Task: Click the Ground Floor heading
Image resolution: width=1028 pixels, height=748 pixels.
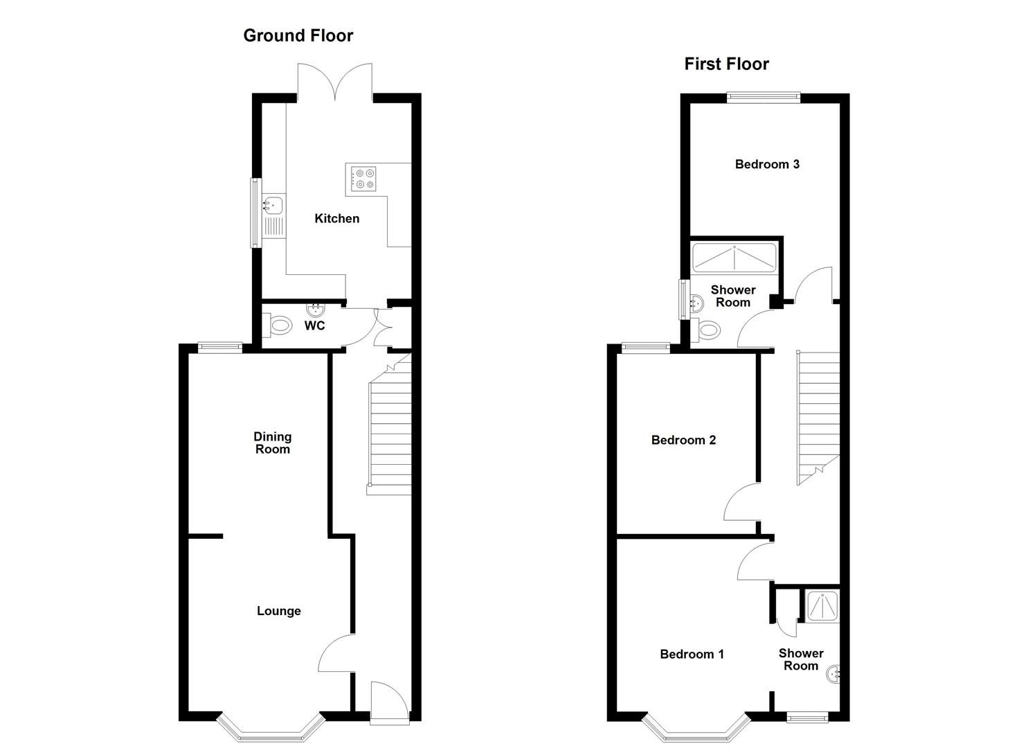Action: pos(298,35)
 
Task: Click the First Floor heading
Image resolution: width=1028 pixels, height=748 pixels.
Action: pos(726,64)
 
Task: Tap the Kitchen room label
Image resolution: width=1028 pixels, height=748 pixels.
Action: pos(337,218)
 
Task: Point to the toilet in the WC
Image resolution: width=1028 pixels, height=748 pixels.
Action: pos(278,324)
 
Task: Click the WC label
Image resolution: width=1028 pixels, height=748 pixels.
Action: pos(314,326)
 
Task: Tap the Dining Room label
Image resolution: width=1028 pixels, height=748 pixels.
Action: pos(272,443)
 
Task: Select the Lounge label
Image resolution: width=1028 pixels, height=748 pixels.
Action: pos(278,611)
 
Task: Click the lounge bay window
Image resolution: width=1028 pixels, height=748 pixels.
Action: pos(271,729)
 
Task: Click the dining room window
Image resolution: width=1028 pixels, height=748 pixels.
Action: pos(220,348)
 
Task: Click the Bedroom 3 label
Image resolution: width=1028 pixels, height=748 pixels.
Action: pos(767,164)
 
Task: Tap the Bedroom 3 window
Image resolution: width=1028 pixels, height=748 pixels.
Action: pos(764,98)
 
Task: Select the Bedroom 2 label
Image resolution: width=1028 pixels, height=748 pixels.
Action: pos(683,440)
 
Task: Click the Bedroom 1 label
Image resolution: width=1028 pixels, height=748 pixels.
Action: pos(692,654)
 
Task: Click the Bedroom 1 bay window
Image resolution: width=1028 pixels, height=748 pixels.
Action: pos(696,729)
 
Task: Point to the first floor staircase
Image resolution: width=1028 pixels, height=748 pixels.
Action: pos(820,416)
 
